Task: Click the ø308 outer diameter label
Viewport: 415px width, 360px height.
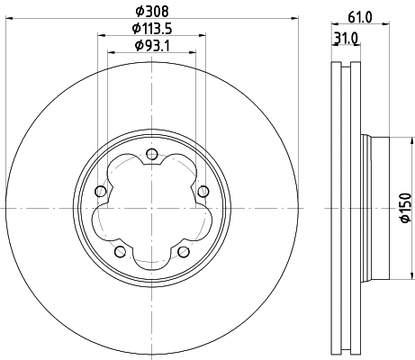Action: click(151, 11)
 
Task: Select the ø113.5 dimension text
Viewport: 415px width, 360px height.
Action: click(151, 28)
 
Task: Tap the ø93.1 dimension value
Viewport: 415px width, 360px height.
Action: click(151, 45)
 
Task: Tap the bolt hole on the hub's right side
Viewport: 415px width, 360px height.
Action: click(203, 190)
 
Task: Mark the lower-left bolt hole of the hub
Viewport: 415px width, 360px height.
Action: click(119, 251)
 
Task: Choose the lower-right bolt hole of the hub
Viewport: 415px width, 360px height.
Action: click(184, 251)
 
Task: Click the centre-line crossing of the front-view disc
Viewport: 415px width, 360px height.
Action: click(151, 208)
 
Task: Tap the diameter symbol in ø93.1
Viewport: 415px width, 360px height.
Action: click(138, 45)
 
